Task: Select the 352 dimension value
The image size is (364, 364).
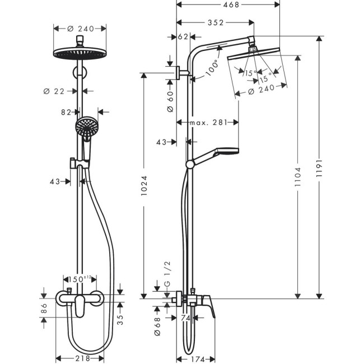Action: click(x=215, y=23)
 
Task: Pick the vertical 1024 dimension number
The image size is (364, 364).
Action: click(x=144, y=185)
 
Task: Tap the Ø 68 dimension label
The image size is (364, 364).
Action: click(x=158, y=324)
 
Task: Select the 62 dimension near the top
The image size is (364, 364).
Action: click(x=183, y=38)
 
